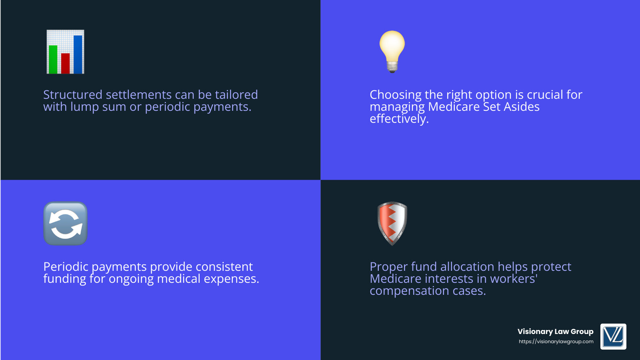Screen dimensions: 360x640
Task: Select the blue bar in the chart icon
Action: point(78,54)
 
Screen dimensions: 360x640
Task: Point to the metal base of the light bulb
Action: point(392,67)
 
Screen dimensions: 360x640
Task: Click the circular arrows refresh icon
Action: point(65,223)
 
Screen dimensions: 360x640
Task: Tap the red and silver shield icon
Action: point(392,223)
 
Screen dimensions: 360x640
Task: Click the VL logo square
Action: point(613,336)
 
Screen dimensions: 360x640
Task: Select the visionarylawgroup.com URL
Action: point(556,342)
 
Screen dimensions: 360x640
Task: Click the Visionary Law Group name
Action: point(555,332)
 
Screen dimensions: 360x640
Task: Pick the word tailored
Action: point(236,95)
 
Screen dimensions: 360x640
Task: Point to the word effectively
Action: point(399,119)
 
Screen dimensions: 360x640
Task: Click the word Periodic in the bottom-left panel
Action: point(66,267)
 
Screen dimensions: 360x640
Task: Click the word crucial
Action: point(544,95)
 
